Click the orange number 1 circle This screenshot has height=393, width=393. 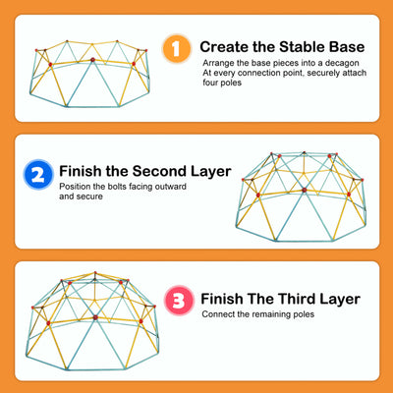177,48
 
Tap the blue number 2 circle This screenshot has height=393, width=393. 38,174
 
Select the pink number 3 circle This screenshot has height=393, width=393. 179,300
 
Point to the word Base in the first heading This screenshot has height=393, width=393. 347,47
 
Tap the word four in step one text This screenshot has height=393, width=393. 209,83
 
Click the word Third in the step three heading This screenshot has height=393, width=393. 298,299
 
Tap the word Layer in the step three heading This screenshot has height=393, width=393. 340,300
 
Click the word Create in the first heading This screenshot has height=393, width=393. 224,47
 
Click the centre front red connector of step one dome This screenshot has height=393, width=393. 92,60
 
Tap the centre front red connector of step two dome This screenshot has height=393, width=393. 305,190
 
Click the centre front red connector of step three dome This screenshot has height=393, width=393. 95,317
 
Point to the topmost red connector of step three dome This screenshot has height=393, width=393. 95,272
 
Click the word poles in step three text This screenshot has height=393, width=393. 305,314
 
